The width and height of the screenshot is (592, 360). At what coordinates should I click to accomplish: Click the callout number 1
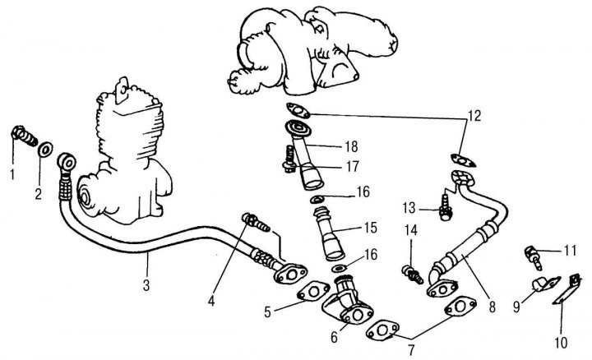(12, 175)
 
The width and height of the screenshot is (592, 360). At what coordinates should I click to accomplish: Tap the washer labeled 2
(47, 149)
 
